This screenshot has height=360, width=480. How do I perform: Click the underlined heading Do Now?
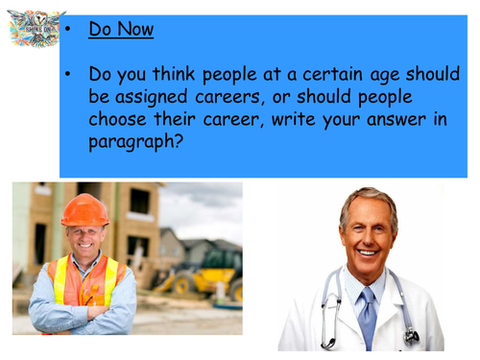(x=121, y=30)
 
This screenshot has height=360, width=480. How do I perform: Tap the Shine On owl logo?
(x=36, y=29)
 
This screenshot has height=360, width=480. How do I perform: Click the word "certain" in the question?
(x=333, y=74)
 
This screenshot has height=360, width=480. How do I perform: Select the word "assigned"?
(x=151, y=98)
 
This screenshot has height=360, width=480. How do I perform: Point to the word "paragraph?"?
(x=135, y=142)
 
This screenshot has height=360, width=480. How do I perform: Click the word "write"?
(x=294, y=119)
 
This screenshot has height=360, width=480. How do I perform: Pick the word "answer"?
(x=396, y=120)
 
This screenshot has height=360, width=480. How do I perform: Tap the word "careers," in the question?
(x=230, y=98)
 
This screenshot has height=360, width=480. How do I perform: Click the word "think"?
(x=174, y=74)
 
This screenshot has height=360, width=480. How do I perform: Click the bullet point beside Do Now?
(x=67, y=30)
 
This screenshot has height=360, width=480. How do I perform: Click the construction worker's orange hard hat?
(x=84, y=210)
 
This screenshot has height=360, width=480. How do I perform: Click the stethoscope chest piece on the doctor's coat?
(x=412, y=337)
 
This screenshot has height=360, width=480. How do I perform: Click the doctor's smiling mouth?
(x=367, y=252)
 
